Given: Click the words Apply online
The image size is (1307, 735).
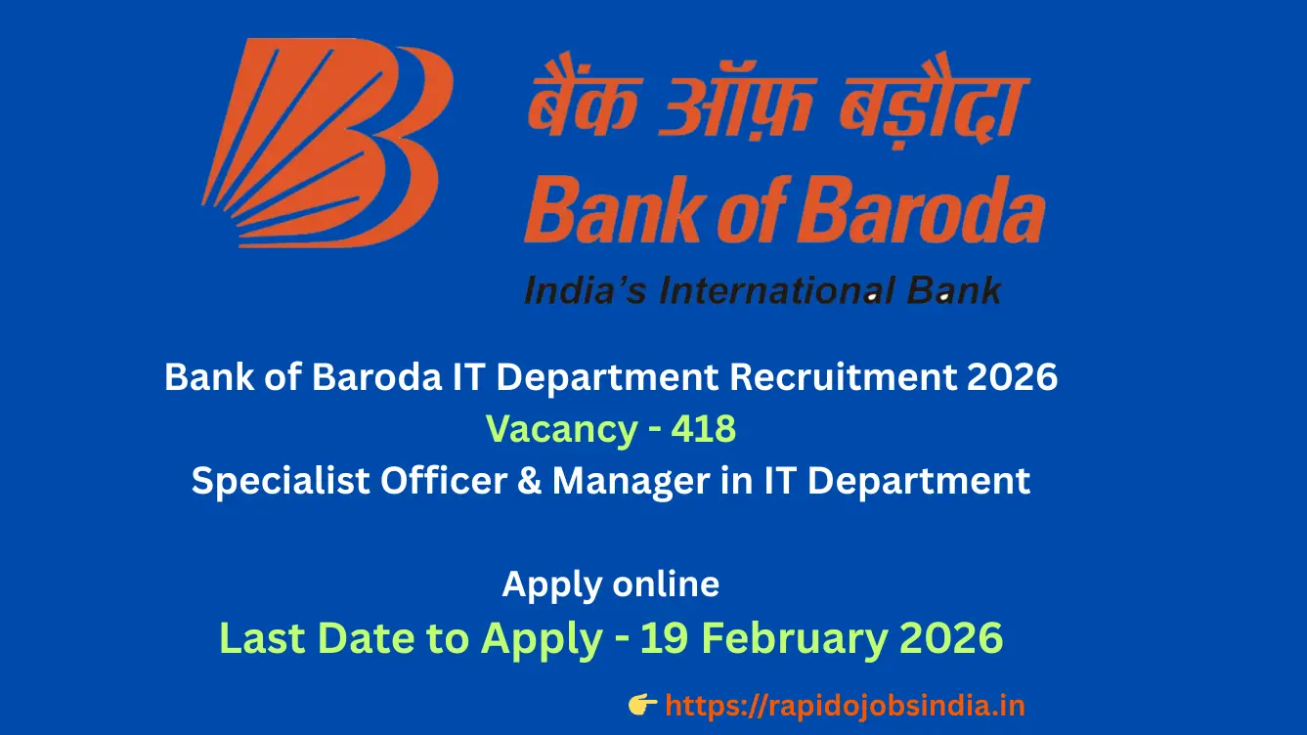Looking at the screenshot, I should pyautogui.click(x=611, y=584).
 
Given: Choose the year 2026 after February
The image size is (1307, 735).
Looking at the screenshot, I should pyautogui.click(x=951, y=638).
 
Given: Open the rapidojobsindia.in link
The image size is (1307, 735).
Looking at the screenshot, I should pyautogui.click(x=845, y=705).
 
